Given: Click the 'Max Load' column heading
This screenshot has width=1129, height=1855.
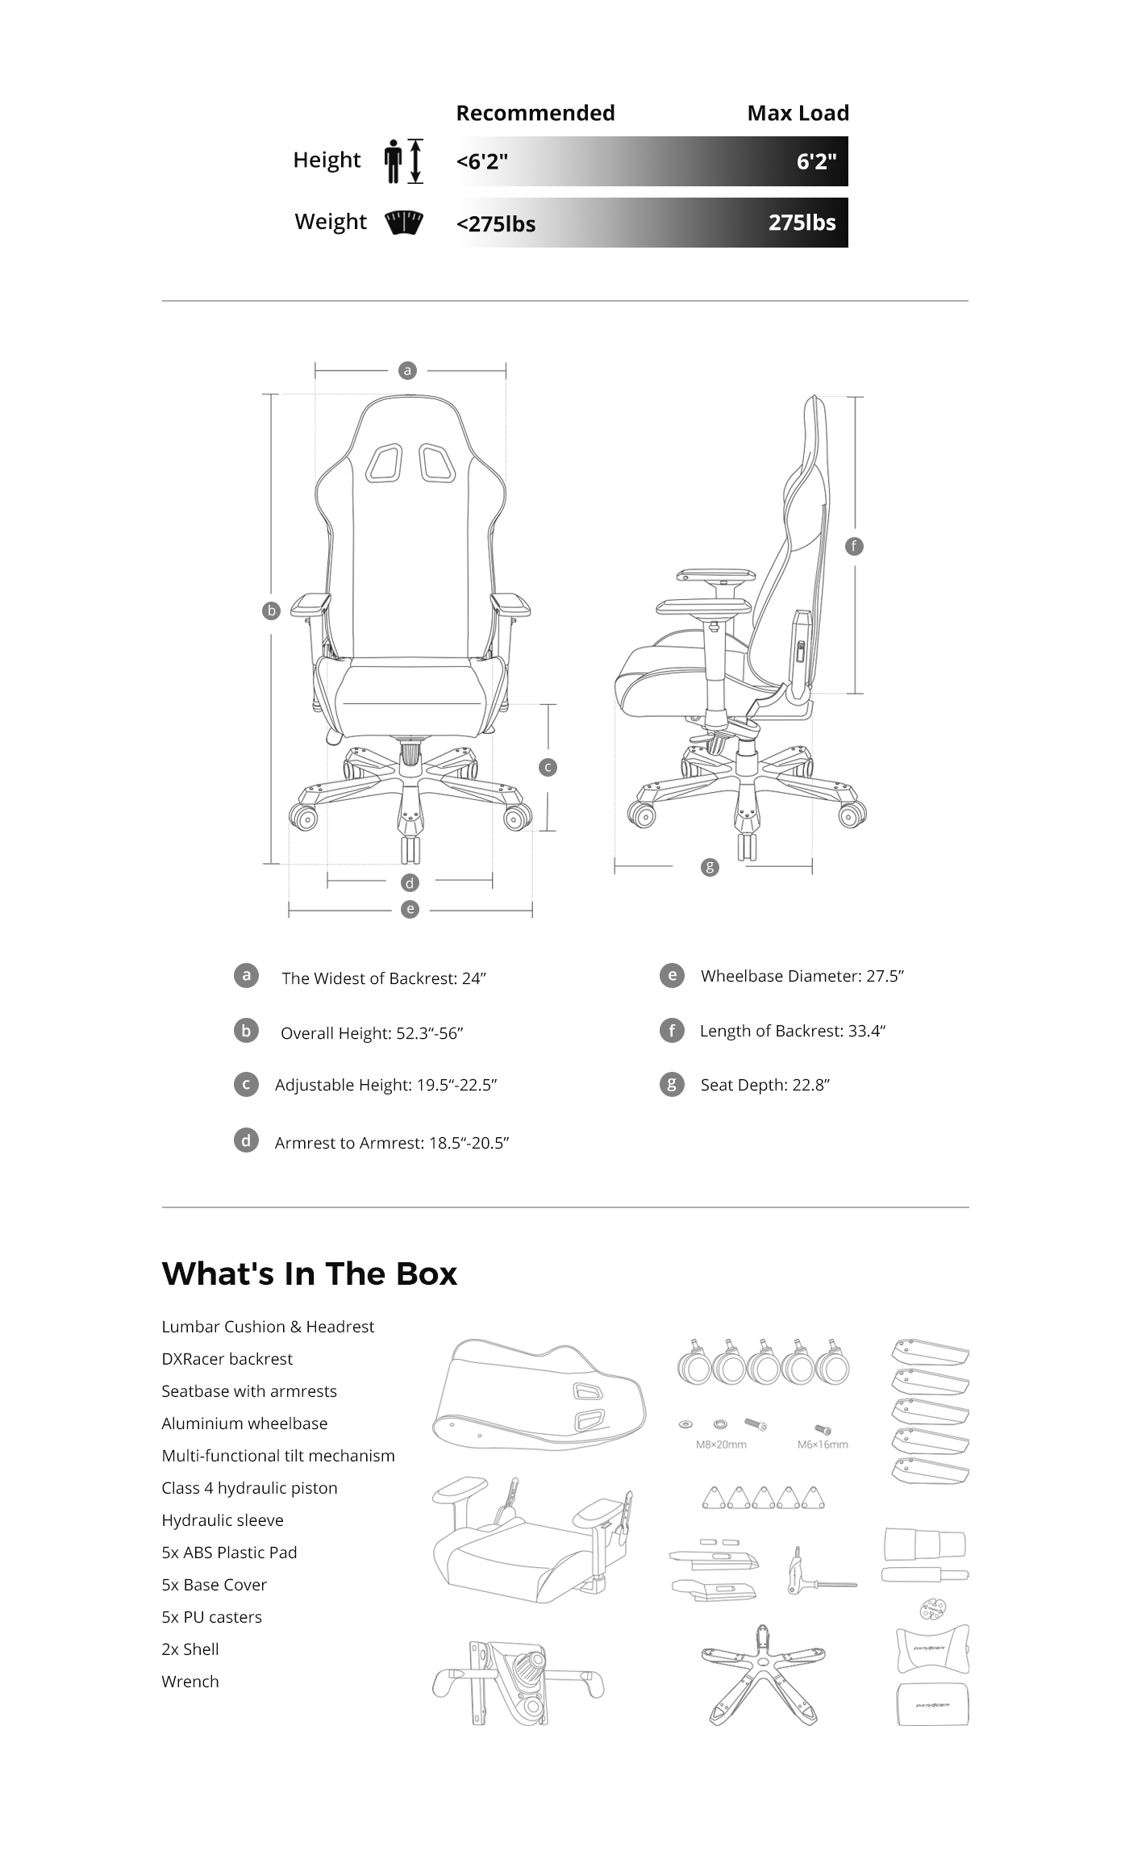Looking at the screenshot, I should click(x=798, y=113).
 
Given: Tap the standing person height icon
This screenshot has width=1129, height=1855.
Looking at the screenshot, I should click(x=394, y=160).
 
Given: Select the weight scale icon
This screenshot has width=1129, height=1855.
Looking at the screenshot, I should click(x=404, y=223).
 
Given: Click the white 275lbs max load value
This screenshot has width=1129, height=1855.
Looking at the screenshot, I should click(x=802, y=223).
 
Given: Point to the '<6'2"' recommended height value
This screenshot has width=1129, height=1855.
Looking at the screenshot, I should click(x=481, y=161).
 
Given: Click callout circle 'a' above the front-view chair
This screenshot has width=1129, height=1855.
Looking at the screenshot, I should click(x=407, y=370).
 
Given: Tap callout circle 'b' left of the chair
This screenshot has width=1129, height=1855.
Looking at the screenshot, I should click(x=271, y=611).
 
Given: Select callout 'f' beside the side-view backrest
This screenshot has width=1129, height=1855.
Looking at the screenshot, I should click(x=853, y=546).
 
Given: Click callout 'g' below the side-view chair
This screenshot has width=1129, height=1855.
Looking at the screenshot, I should click(x=710, y=867).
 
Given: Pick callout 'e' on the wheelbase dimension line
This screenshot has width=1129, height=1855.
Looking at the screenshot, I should click(x=410, y=909).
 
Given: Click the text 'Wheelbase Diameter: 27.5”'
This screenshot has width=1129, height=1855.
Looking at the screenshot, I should click(x=802, y=976).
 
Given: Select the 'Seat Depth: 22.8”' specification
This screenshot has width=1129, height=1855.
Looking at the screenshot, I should click(x=764, y=1085).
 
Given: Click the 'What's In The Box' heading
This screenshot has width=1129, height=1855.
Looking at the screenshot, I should click(x=310, y=1273).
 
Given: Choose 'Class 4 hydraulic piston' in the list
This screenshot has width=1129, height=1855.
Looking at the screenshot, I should click(x=249, y=1488).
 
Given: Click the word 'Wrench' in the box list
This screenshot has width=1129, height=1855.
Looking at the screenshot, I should click(x=190, y=1682).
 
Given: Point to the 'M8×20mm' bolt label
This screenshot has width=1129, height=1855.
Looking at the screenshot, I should click(x=721, y=1444).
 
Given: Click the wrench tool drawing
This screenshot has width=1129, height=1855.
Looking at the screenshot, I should click(x=819, y=1572).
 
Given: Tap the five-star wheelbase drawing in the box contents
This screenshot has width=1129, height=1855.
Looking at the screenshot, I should click(x=762, y=1677).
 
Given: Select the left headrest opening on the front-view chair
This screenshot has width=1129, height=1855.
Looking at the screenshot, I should click(x=384, y=463).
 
